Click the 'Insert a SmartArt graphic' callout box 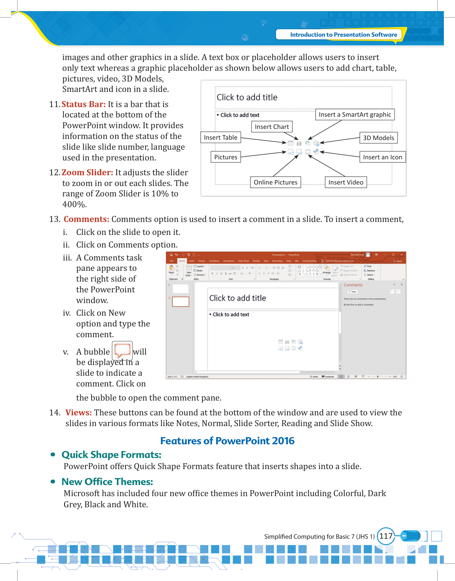point(355,115)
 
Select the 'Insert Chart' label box point(272,127)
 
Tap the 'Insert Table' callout point(220,138)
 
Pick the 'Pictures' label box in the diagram point(226,157)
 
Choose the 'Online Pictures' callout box point(275,182)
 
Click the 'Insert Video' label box point(346,182)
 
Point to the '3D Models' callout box point(378,138)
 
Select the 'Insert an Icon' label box point(382,157)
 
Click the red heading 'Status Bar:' point(84,104)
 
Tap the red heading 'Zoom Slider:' point(87,173)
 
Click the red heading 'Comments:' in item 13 point(86,219)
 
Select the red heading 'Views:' point(79,413)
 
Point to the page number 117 point(386,536)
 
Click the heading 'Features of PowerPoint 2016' point(227,441)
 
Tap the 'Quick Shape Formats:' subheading point(112,455)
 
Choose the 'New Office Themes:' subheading point(107,482)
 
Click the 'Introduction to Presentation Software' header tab point(343,35)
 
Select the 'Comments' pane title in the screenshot point(353,285)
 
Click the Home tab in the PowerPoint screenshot point(182,261)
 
